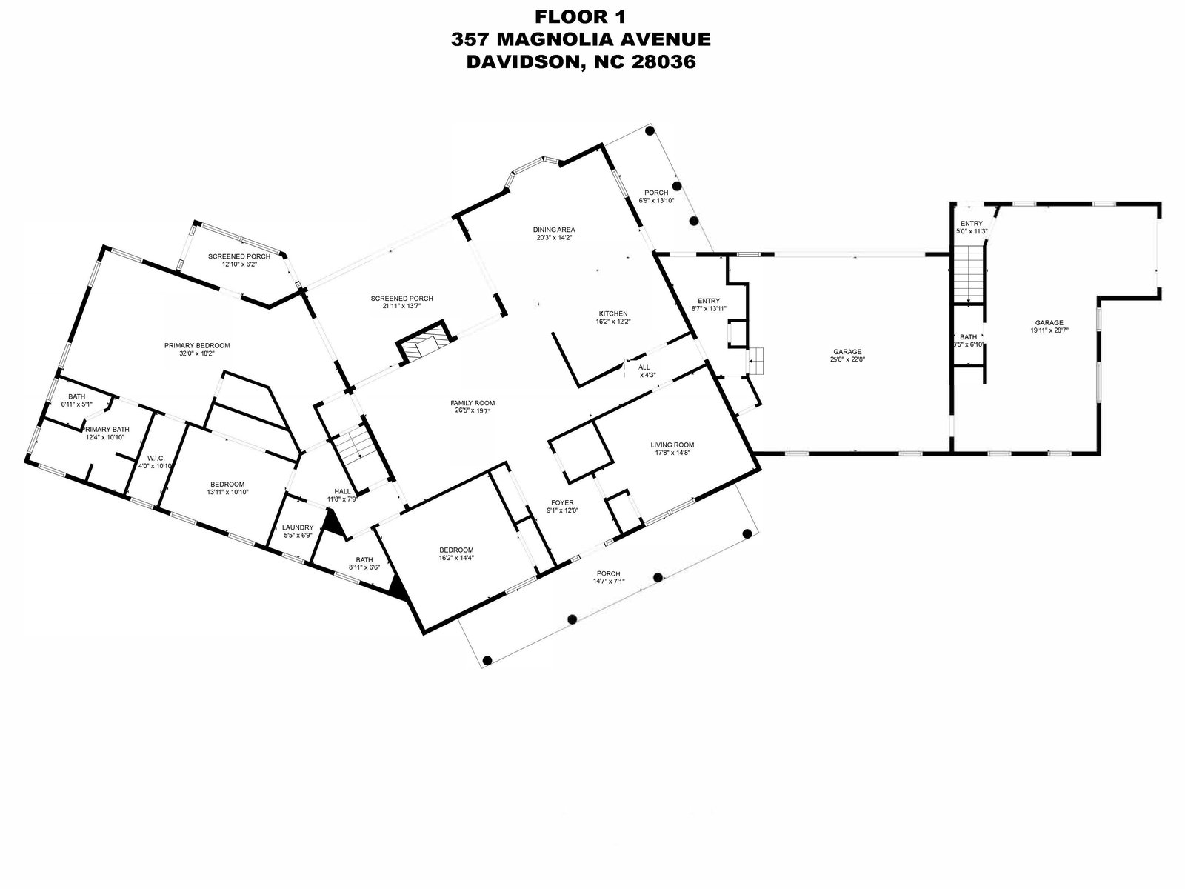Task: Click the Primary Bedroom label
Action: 197,345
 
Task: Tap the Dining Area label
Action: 554,230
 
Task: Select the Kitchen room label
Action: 613,313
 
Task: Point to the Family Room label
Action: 472,403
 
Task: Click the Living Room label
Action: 672,445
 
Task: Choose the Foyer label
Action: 562,502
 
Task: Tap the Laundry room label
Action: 298,527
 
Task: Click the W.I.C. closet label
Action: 156,458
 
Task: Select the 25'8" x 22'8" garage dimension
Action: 847,361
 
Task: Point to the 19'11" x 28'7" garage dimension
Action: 1049,331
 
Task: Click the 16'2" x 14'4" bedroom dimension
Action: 456,558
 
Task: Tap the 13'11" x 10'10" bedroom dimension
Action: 227,492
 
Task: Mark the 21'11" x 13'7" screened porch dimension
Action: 402,307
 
